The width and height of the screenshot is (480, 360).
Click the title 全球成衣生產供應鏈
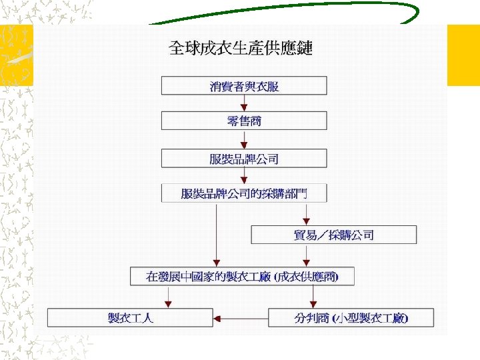point(240,48)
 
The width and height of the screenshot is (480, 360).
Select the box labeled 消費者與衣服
point(244,85)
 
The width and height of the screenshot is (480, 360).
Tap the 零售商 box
point(244,121)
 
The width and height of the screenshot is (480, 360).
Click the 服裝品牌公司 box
point(244,159)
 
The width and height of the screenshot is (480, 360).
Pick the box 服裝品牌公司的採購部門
point(244,193)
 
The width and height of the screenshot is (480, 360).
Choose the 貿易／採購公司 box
point(333,235)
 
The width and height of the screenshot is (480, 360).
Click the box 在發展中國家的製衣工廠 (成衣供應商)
point(242,276)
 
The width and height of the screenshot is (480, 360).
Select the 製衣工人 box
point(130,317)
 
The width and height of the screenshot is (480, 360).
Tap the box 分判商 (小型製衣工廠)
point(351,317)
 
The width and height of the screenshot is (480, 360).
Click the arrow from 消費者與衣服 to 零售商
point(244,103)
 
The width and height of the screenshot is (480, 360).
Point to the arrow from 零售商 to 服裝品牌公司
point(244,139)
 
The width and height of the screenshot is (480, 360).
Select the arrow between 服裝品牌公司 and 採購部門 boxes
point(244,176)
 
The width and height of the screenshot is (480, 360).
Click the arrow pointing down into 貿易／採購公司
point(306,214)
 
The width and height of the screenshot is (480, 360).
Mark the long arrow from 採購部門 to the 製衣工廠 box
point(216,233)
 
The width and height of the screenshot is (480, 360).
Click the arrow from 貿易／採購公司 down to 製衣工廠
point(306,255)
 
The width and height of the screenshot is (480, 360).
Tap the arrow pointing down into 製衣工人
point(169,297)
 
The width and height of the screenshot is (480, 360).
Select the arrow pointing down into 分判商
point(306,297)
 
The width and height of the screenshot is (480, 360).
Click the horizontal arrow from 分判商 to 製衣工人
point(240,317)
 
